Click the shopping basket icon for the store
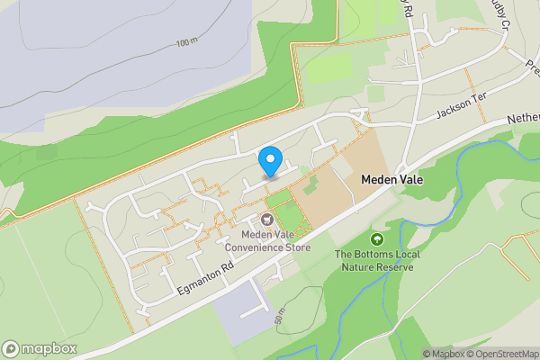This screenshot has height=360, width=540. point(267,220)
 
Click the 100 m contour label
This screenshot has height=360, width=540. point(188,42)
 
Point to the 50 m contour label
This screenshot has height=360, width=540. point(280,318)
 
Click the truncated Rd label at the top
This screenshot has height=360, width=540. point(406,8)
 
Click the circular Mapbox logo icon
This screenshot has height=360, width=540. point(11,349)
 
